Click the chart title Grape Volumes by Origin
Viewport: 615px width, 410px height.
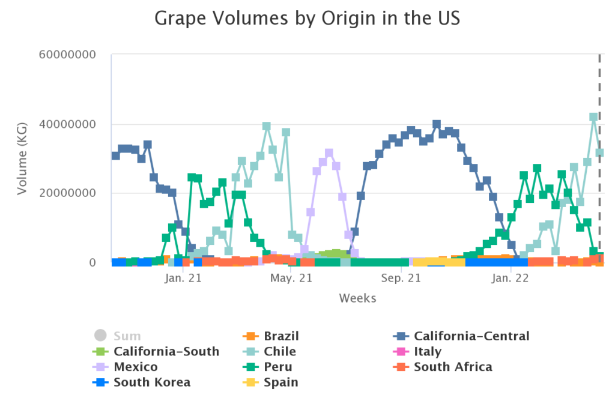[307, 18]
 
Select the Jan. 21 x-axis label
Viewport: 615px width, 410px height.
[183, 279]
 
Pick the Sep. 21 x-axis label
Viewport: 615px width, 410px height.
[401, 279]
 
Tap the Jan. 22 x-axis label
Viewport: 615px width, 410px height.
[510, 279]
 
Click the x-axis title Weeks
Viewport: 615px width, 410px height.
[357, 298]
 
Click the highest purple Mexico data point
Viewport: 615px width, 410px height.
[329, 154]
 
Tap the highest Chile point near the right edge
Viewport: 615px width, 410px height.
[593, 118]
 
